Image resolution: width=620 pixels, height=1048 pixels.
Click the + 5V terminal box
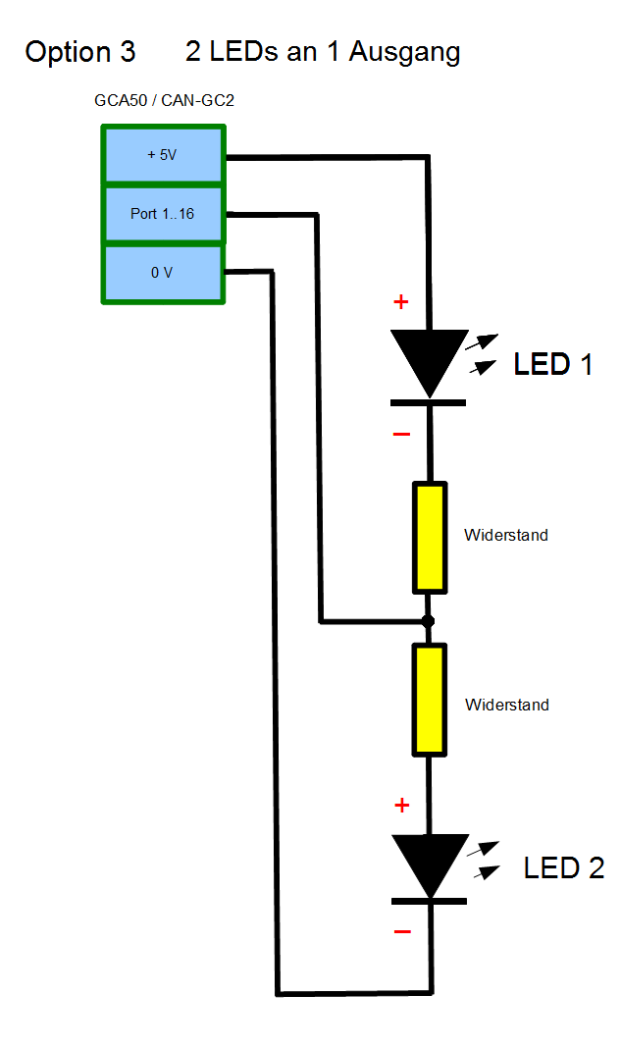163,155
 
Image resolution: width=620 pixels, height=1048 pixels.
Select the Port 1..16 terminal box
163,213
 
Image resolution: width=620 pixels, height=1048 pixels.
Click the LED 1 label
553,365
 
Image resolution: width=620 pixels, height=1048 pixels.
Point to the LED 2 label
564,867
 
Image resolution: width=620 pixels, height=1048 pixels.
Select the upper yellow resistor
430,537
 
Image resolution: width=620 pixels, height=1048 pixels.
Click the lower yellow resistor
430,700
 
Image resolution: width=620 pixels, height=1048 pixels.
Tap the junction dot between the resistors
428,621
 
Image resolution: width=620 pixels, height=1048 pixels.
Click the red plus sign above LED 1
400,301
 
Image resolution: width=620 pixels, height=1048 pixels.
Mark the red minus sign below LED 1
401,434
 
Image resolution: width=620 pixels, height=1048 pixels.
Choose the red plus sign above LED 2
400,806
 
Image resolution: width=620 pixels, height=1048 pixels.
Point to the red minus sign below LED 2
401,931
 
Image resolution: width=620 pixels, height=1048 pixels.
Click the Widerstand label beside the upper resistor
506,536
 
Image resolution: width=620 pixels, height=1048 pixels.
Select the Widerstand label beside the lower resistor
507,705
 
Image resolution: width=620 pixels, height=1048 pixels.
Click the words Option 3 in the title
80,52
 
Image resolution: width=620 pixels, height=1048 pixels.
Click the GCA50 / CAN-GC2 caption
163,100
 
